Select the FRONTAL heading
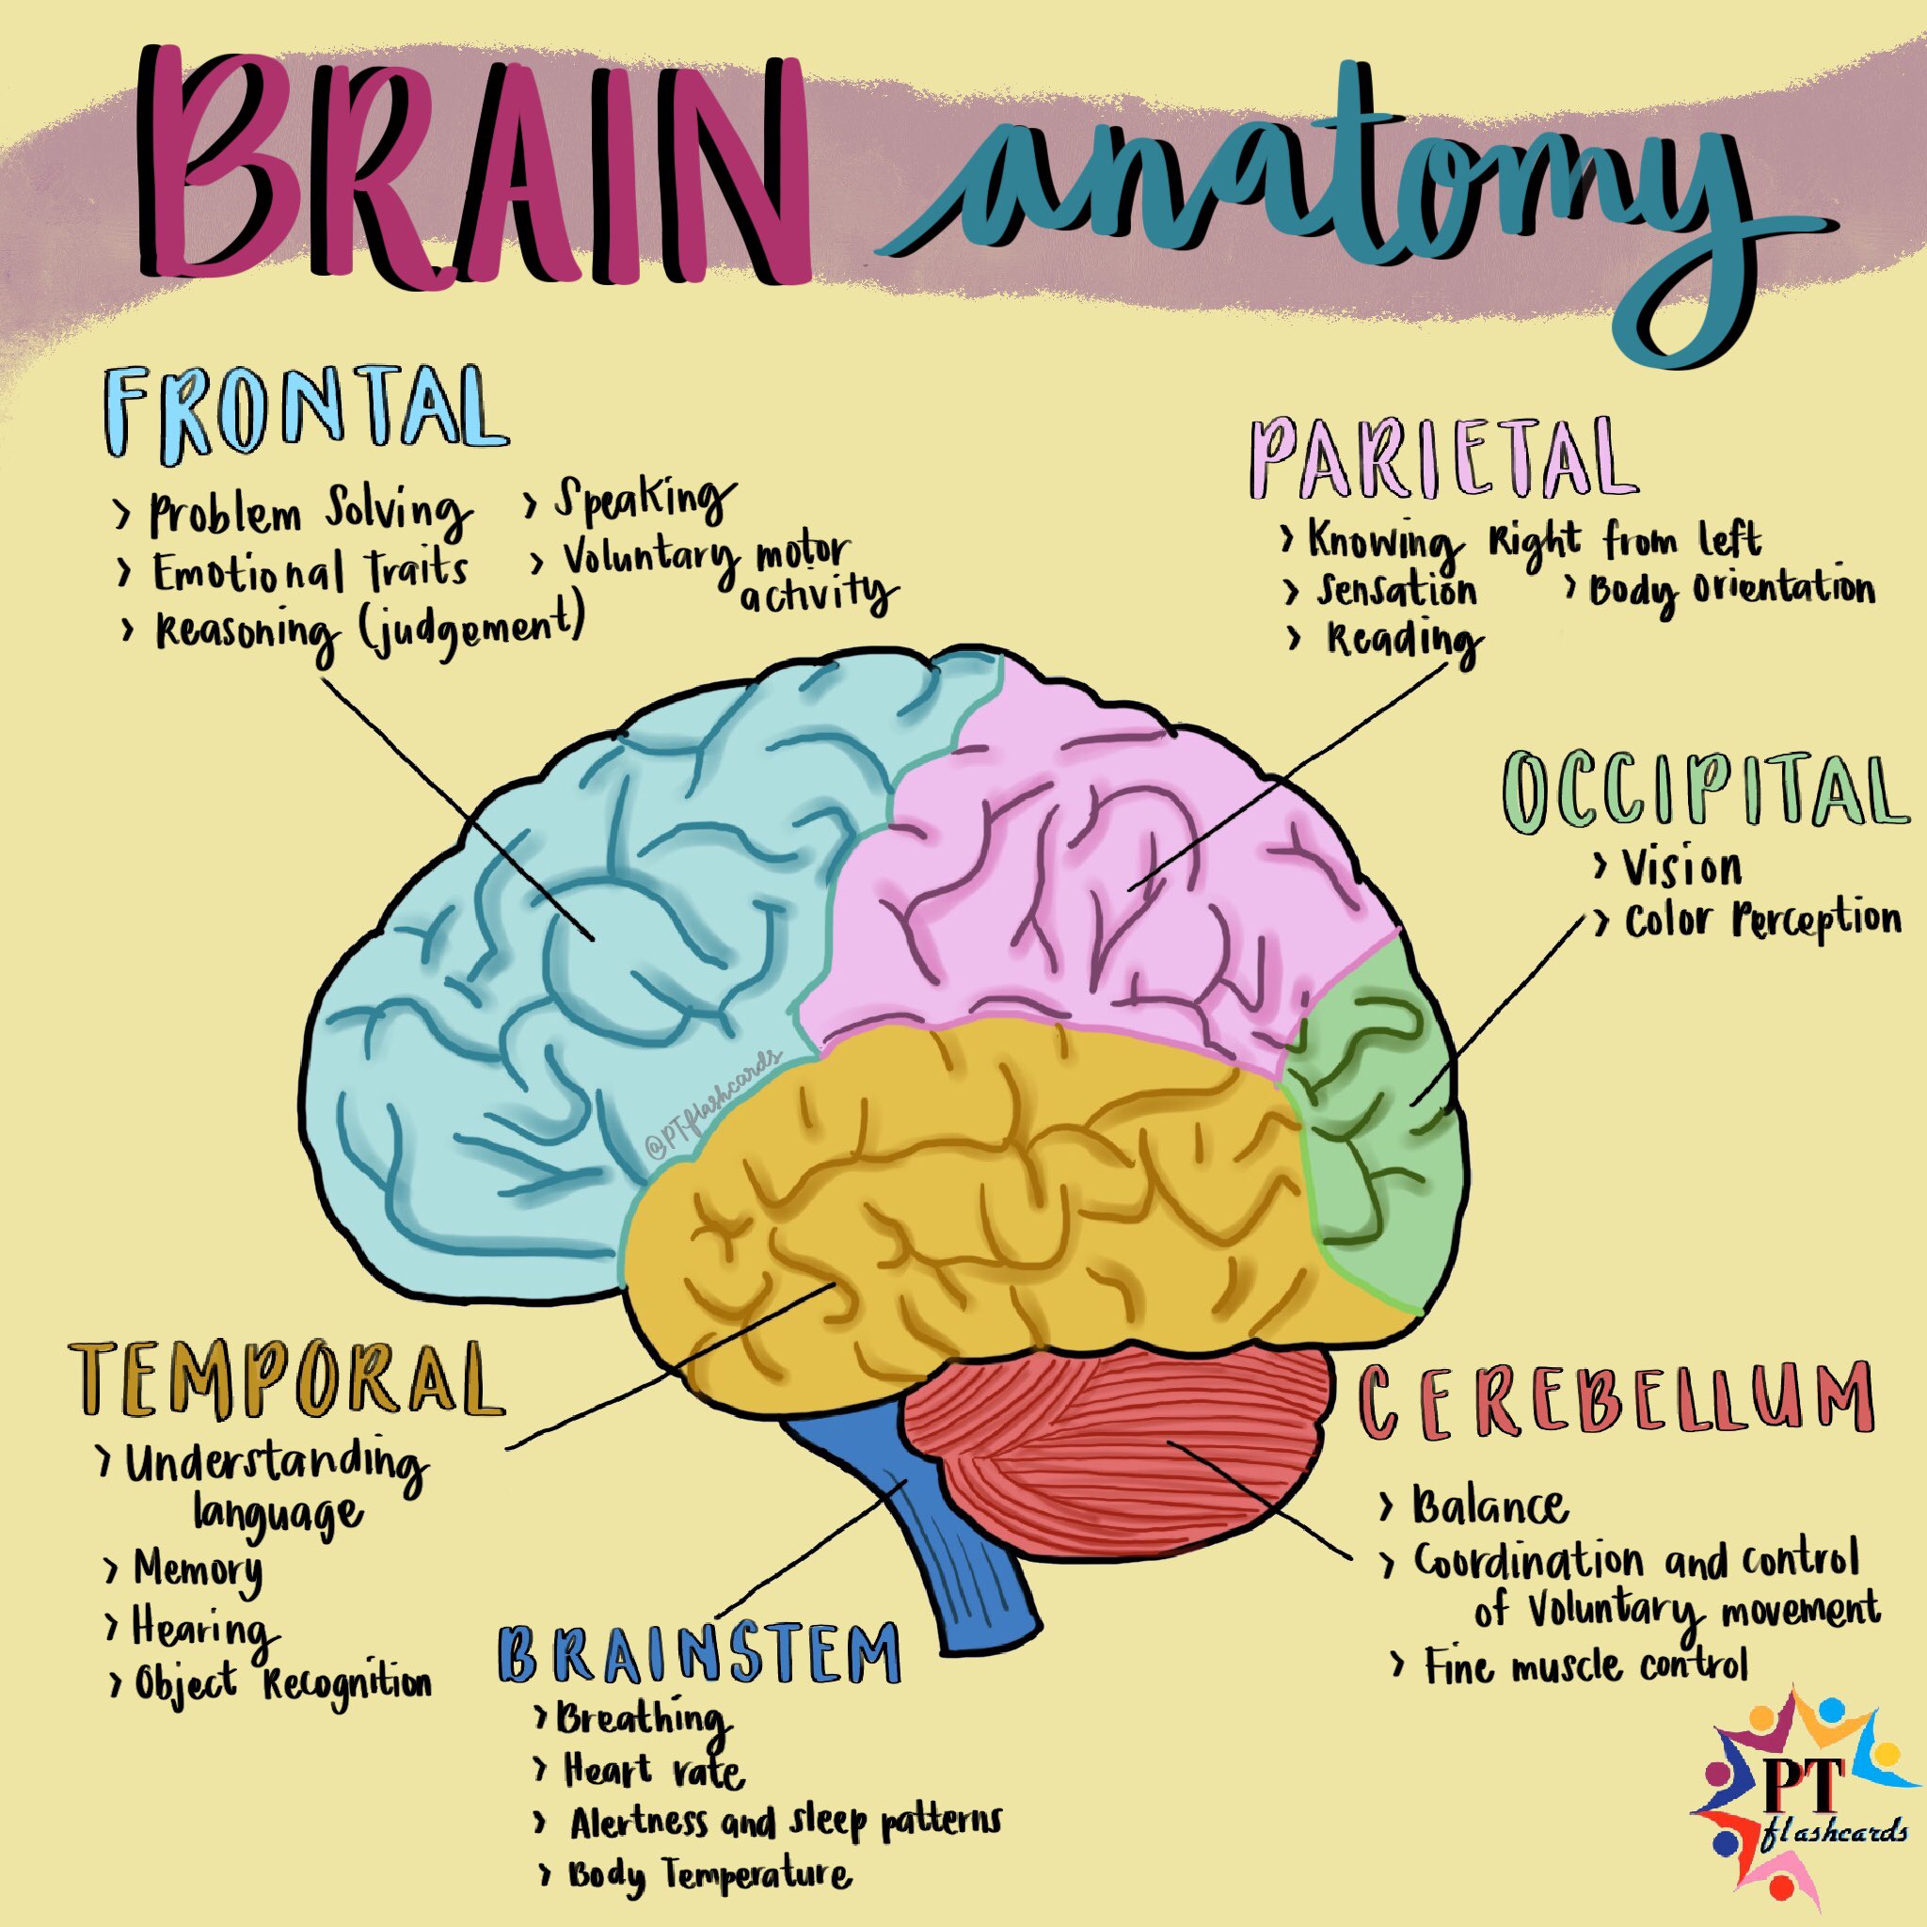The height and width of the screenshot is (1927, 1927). pos(304,411)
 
